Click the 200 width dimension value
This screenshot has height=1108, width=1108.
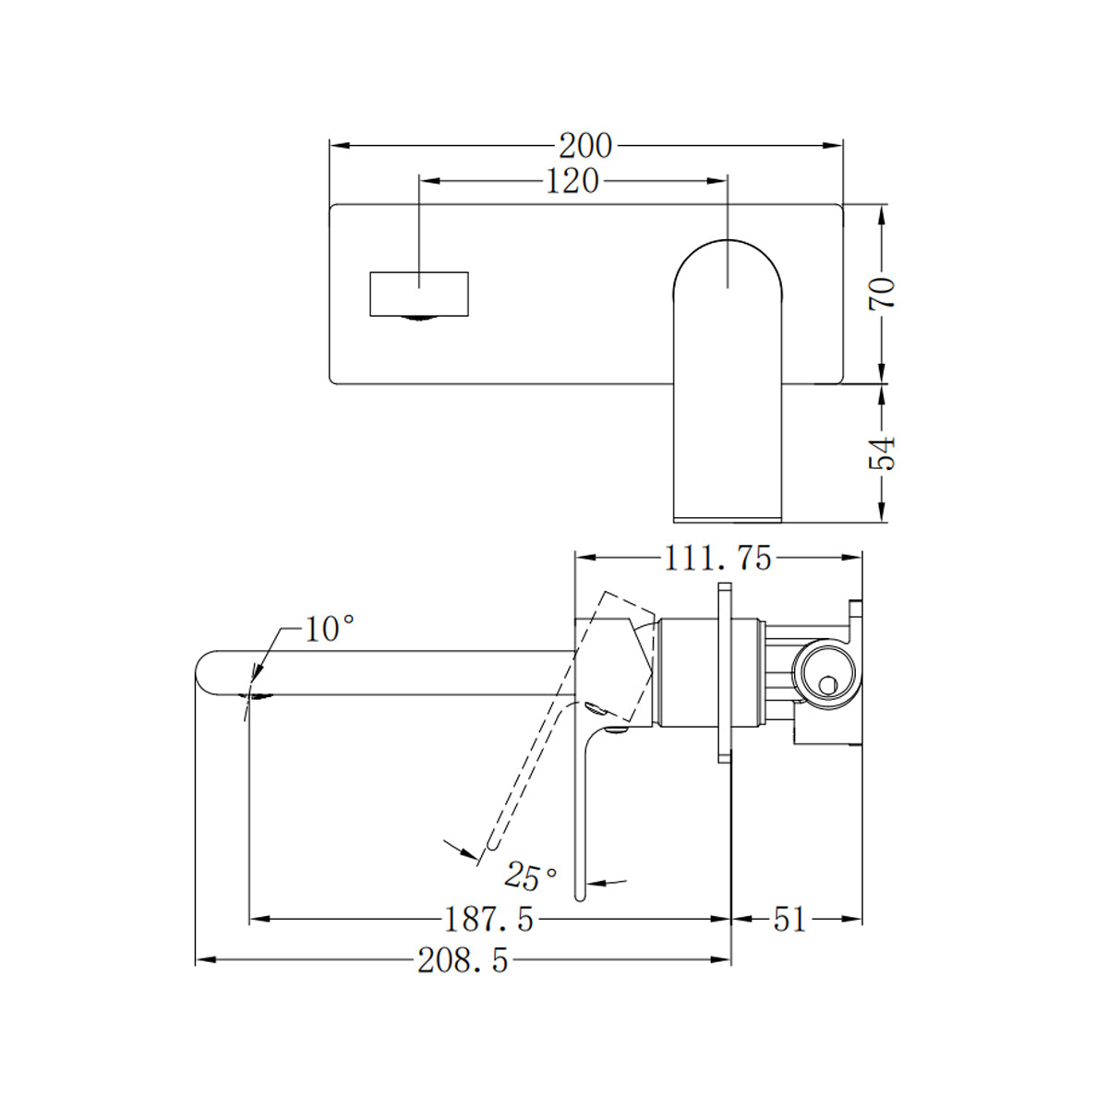(x=585, y=146)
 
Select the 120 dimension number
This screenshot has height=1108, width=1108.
(x=572, y=181)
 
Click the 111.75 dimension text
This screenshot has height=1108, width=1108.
(x=717, y=558)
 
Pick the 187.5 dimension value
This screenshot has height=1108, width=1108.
(x=489, y=920)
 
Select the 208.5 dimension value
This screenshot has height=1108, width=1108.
(x=463, y=961)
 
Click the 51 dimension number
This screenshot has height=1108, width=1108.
(x=789, y=920)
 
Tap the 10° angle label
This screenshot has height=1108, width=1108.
(x=330, y=630)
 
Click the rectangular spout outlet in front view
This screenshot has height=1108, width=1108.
(x=420, y=294)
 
